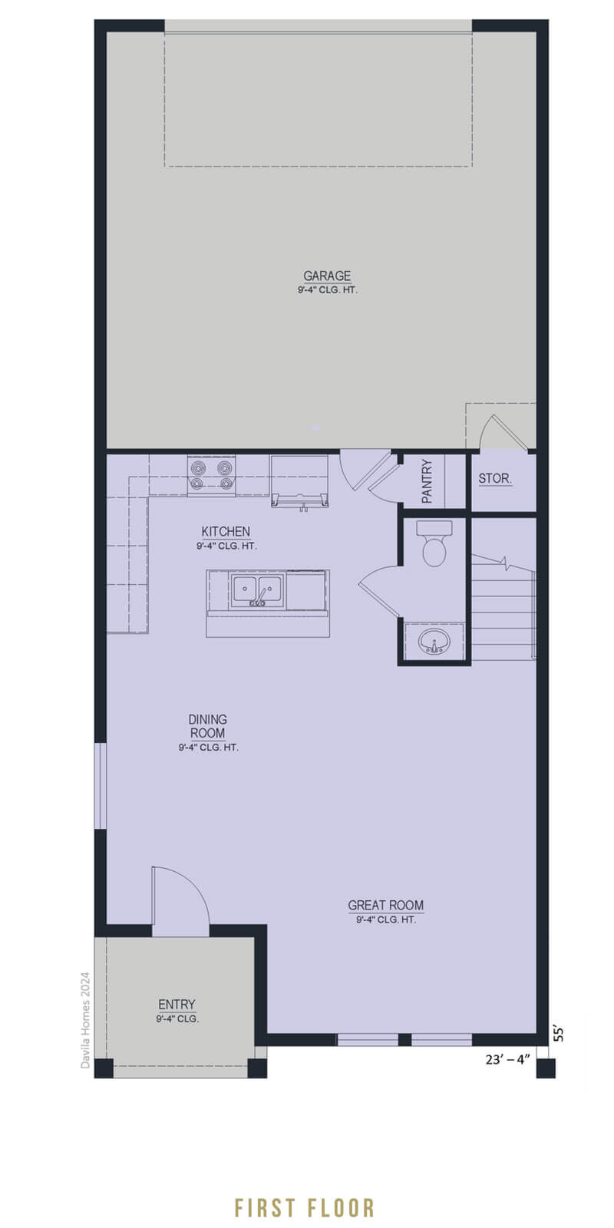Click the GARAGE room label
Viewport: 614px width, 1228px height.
[x=327, y=276]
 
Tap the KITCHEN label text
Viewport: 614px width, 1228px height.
[x=226, y=531]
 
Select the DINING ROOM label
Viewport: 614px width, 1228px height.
[x=207, y=726]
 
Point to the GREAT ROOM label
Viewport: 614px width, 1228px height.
[x=386, y=905]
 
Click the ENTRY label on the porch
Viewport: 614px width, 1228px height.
[x=177, y=1005]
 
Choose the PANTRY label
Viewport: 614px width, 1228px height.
[x=427, y=481]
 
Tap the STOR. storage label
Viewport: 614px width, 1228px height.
[x=495, y=478]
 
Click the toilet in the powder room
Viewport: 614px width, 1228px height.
[x=434, y=543]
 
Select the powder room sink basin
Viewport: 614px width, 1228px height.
[x=434, y=641]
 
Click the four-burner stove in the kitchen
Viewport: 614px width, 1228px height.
[x=211, y=475]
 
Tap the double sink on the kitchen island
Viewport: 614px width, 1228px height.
[x=257, y=590]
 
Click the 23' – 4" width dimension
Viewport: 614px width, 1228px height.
[x=507, y=1059]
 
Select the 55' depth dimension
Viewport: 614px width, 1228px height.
[x=559, y=1033]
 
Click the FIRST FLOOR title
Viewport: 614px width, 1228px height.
[x=304, y=1208]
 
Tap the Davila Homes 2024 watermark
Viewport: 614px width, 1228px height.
[x=85, y=1020]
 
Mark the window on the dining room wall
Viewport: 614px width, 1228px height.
[x=101, y=786]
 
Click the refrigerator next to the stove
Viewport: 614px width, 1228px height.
[x=299, y=480]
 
